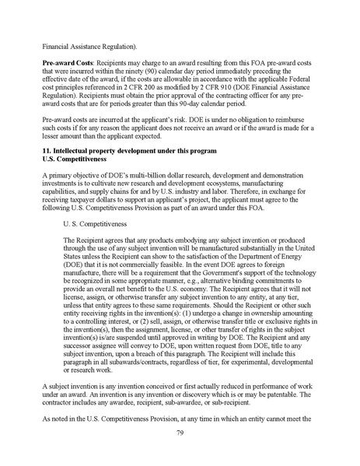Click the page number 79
[x=180, y=433]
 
